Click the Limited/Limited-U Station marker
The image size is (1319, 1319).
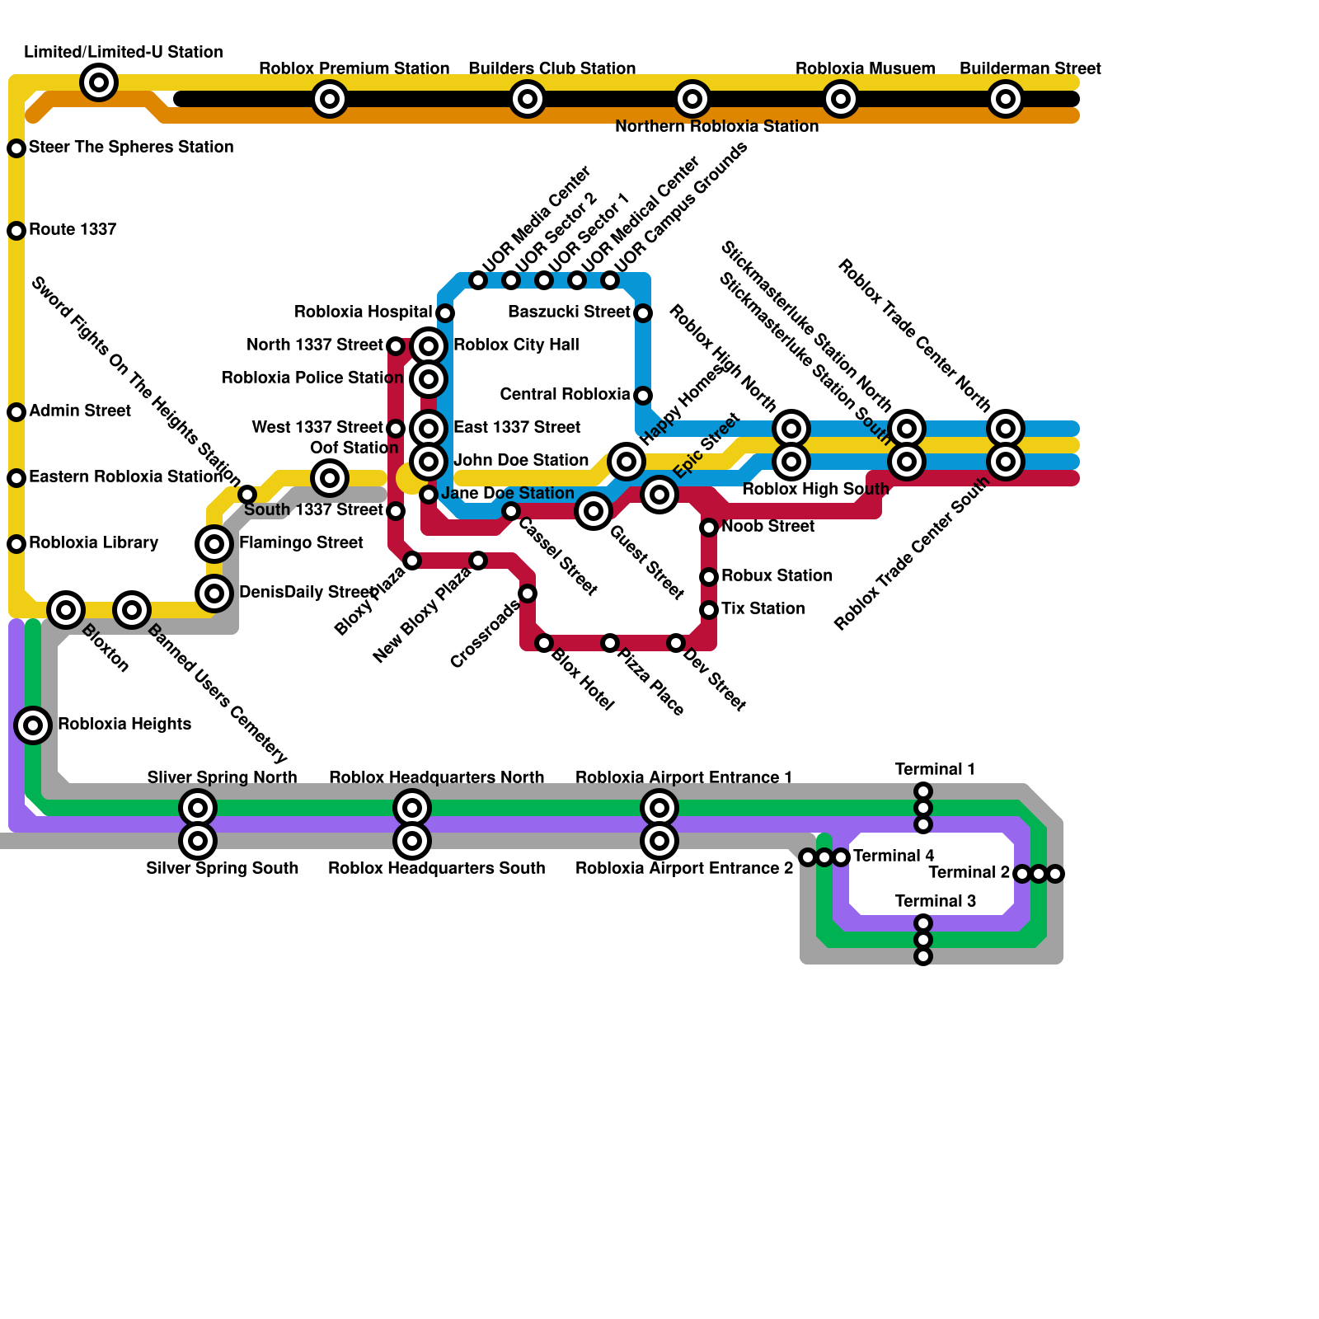pos(99,82)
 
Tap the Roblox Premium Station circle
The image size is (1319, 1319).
pos(330,99)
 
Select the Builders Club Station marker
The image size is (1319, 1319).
pos(528,99)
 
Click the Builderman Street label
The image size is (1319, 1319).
pos(1030,68)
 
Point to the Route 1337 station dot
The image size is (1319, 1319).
pos(16,231)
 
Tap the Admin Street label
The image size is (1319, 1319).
pos(80,411)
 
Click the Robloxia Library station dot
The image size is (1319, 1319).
pos(16,544)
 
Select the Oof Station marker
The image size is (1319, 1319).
pos(330,478)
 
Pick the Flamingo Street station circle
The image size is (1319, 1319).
pos(214,544)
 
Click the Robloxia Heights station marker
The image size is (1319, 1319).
pos(33,725)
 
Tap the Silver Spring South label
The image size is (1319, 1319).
pos(222,868)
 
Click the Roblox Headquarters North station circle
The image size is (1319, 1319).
pos(412,808)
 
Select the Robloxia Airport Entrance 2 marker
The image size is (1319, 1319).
pos(659,841)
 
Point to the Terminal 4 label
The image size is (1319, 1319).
pos(894,856)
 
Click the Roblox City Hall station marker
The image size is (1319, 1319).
pos(429,346)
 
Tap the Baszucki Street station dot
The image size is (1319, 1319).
pos(643,313)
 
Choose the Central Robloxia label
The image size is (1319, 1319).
pos(565,394)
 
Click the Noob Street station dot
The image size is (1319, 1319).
pos(709,528)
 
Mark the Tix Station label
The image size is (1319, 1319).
pos(763,608)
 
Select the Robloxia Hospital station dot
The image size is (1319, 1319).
pos(445,313)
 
